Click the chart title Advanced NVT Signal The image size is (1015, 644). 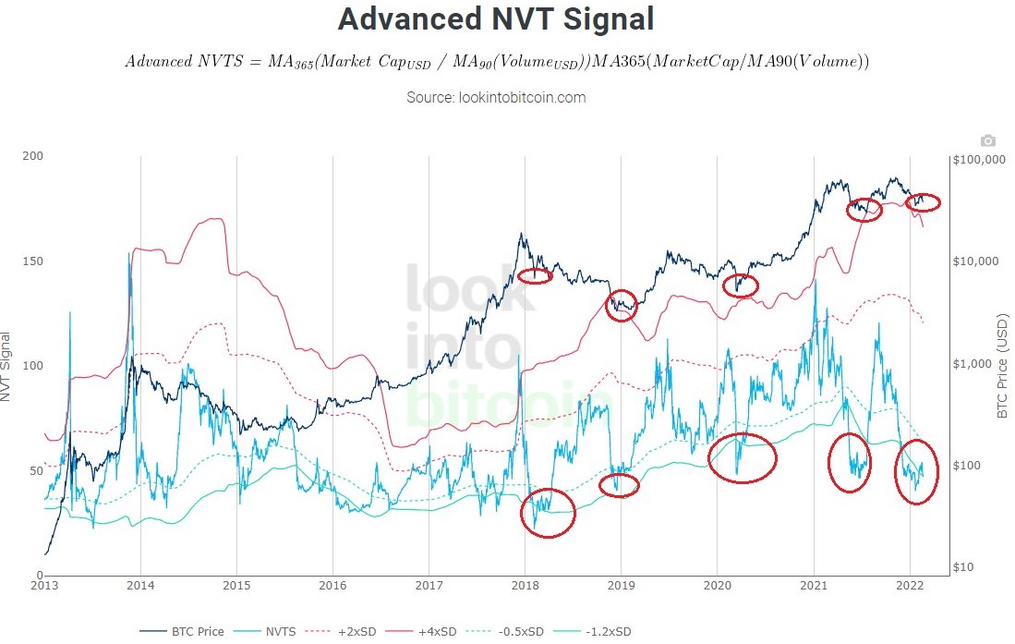(x=495, y=19)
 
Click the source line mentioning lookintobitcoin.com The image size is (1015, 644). (x=496, y=97)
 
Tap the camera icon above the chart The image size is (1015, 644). (x=987, y=140)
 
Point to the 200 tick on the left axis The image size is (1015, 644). (x=33, y=156)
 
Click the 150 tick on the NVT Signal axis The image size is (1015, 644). (x=33, y=261)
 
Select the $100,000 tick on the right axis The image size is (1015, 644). (x=978, y=160)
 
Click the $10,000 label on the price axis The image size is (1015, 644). (x=975, y=261)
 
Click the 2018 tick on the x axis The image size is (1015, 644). (x=525, y=585)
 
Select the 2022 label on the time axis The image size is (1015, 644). (x=910, y=585)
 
